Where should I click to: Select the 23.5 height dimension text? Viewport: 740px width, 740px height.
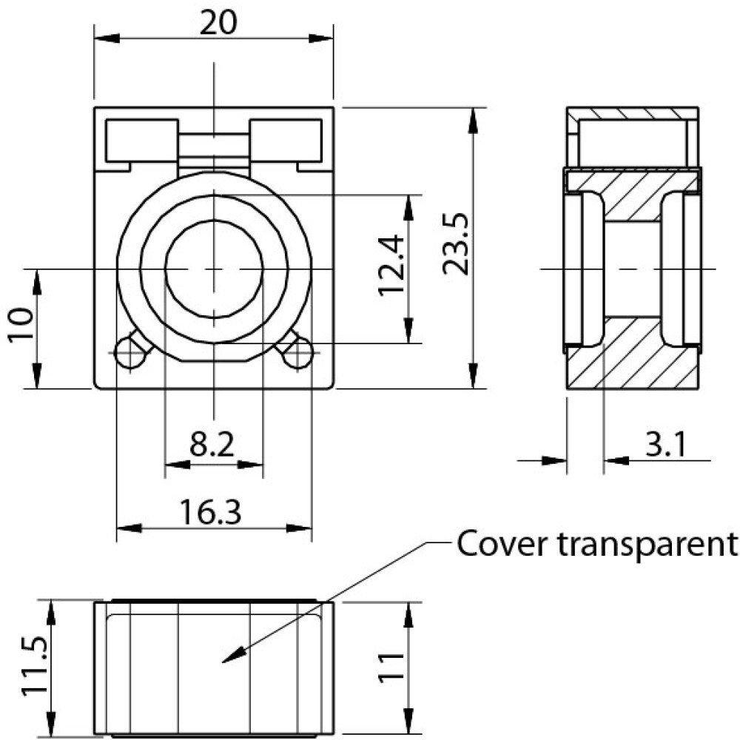tap(455, 245)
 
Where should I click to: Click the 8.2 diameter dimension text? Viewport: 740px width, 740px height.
tap(212, 445)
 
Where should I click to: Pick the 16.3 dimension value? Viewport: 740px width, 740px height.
tap(212, 511)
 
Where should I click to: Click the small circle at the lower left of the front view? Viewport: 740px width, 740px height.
tap(129, 354)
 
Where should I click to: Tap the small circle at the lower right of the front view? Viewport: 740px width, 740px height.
tap(298, 354)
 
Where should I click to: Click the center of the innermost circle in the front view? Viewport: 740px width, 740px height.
tap(214, 269)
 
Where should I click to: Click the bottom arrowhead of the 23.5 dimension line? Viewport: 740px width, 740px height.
tap(473, 380)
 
